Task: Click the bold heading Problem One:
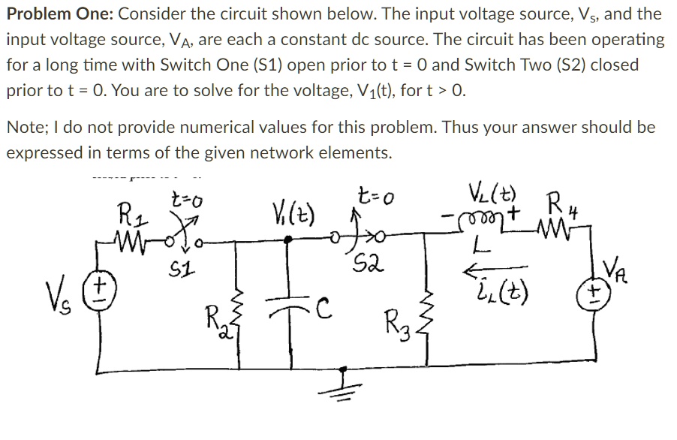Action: click(x=59, y=14)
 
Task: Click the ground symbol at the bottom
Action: click(x=343, y=388)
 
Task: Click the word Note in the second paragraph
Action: click(x=24, y=127)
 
